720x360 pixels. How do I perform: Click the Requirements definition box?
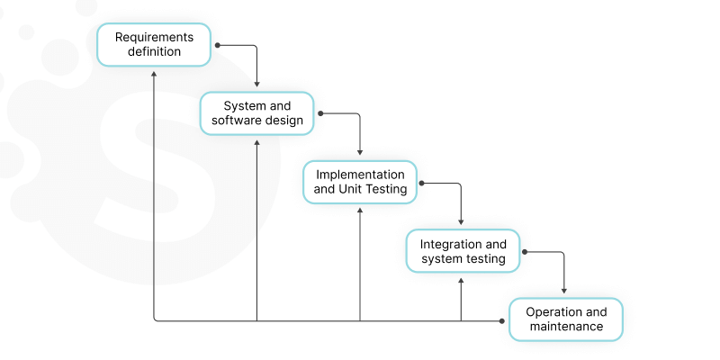pyautogui.click(x=154, y=44)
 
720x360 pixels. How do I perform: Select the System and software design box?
pyautogui.click(x=256, y=113)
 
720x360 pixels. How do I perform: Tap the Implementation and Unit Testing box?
pyautogui.click(x=360, y=182)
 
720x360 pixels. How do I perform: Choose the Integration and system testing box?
pyautogui.click(x=463, y=251)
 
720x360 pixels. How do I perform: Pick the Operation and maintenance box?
pyautogui.click(x=565, y=319)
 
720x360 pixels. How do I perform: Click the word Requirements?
pyautogui.click(x=154, y=37)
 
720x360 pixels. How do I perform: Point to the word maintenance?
pyautogui.click(x=566, y=327)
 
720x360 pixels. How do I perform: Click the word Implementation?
pyautogui.click(x=360, y=174)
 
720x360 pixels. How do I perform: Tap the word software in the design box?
pyautogui.click(x=239, y=121)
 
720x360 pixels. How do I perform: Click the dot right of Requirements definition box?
pyautogui.click(x=218, y=44)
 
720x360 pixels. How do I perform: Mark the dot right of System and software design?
pyautogui.click(x=320, y=113)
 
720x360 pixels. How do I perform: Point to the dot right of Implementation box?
pyautogui.click(x=423, y=183)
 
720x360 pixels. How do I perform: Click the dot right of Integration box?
pyautogui.click(x=525, y=252)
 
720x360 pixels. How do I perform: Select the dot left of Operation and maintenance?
pyautogui.click(x=502, y=320)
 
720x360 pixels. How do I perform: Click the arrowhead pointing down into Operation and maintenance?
pyautogui.click(x=564, y=291)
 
